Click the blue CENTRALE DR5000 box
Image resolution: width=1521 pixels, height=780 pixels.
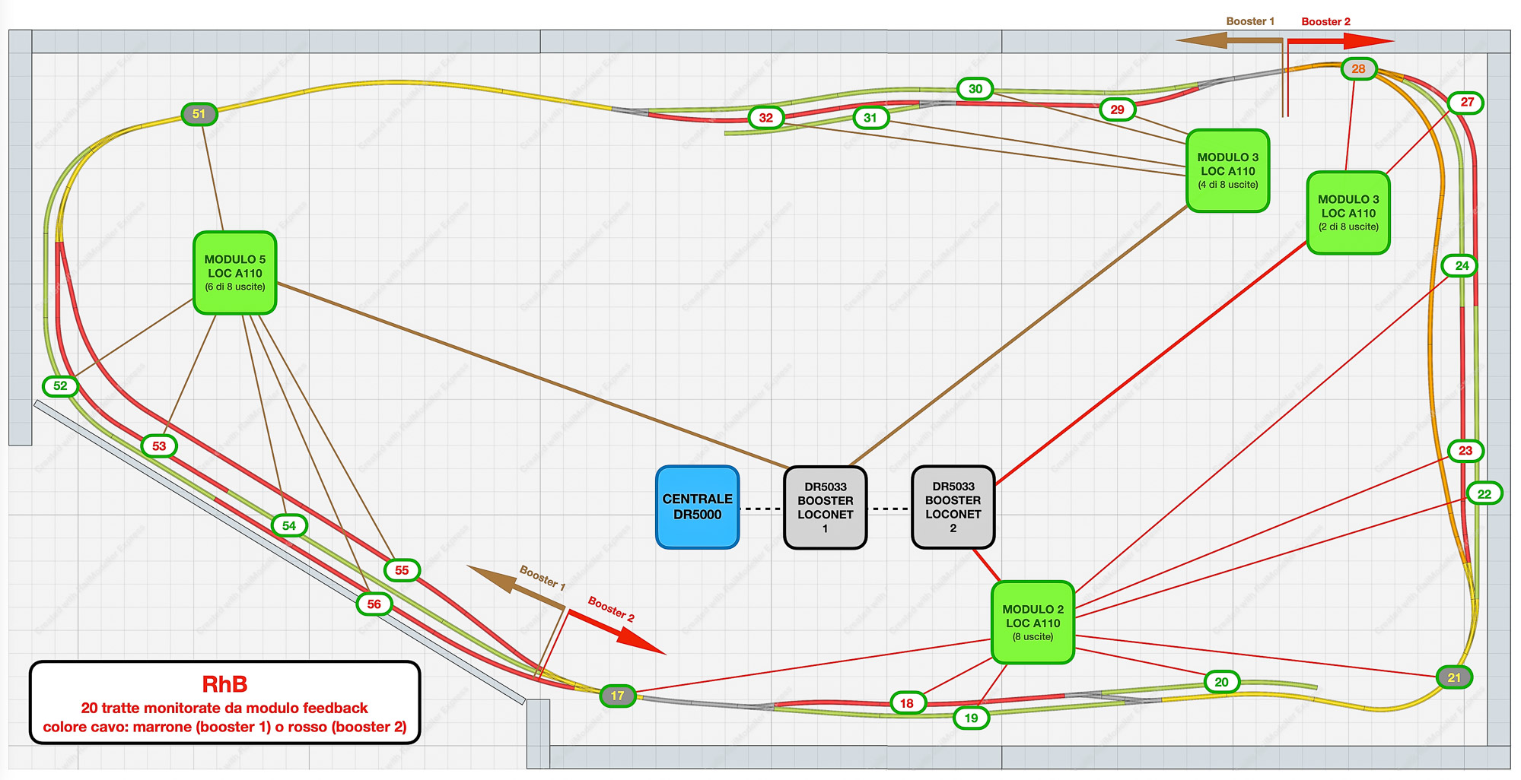click(697, 507)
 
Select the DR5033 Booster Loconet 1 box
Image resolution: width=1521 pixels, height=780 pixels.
click(825, 507)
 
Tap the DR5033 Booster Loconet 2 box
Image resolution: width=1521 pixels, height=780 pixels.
click(953, 507)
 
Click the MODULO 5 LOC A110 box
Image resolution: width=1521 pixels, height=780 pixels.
click(234, 273)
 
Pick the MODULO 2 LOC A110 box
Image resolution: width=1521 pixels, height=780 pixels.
click(1033, 623)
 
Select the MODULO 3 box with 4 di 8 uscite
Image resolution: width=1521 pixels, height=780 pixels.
click(1227, 170)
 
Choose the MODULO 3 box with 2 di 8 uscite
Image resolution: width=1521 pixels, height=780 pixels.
click(1348, 212)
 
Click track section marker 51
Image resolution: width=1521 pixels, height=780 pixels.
click(199, 114)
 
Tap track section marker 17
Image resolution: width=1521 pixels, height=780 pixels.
click(617, 696)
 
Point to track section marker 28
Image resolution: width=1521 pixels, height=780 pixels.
click(1358, 69)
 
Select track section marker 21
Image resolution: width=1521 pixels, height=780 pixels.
click(1454, 677)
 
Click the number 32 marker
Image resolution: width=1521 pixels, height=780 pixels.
click(766, 118)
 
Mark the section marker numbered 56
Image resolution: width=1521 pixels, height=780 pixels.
click(374, 604)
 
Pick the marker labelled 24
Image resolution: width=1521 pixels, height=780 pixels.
click(1462, 266)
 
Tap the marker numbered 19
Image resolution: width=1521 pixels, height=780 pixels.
click(971, 718)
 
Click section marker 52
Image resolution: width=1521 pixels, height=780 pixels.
click(61, 386)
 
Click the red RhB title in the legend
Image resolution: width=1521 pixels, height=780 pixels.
click(224, 684)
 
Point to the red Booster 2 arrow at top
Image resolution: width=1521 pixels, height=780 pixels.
click(1339, 40)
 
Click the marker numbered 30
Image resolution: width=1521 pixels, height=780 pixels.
click(975, 89)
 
